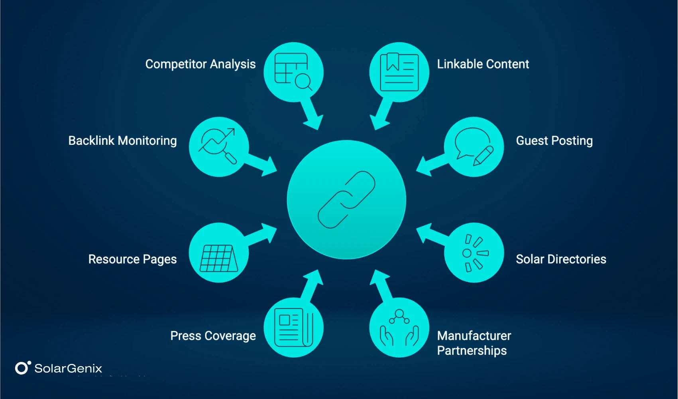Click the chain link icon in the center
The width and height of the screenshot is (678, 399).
pyautogui.click(x=346, y=199)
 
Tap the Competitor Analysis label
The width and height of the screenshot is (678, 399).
pyautogui.click(x=200, y=64)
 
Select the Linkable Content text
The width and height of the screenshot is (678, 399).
pyautogui.click(x=483, y=64)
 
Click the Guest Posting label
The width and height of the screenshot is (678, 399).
pyautogui.click(x=554, y=141)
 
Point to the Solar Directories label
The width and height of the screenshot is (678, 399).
pyautogui.click(x=561, y=259)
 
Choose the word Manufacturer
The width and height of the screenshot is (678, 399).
pyautogui.click(x=474, y=336)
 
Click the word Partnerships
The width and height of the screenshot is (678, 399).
pyautogui.click(x=472, y=351)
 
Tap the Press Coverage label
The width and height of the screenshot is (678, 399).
pyautogui.click(x=213, y=336)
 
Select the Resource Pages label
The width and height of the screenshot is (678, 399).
pyautogui.click(x=132, y=259)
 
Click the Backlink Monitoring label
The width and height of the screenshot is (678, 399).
pyautogui.click(x=122, y=141)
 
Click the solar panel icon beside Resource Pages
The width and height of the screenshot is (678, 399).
pyautogui.click(x=218, y=258)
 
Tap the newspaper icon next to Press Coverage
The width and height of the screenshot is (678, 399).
pyautogui.click(x=293, y=327)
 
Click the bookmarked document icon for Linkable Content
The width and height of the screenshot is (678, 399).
pyautogui.click(x=399, y=72)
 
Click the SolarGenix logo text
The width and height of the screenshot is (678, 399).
pyautogui.click(x=68, y=368)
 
